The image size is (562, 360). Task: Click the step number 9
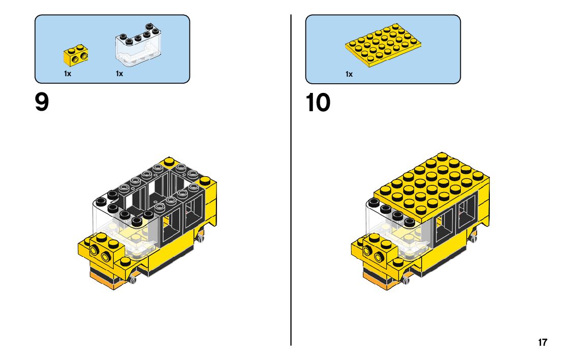coord(42,103)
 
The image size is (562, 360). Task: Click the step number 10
coord(318,103)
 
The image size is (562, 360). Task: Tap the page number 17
coord(543,342)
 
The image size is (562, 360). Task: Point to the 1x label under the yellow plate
coord(349,74)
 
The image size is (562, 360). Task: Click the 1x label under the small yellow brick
coord(67,74)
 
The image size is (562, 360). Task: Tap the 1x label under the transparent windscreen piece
coord(119,74)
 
